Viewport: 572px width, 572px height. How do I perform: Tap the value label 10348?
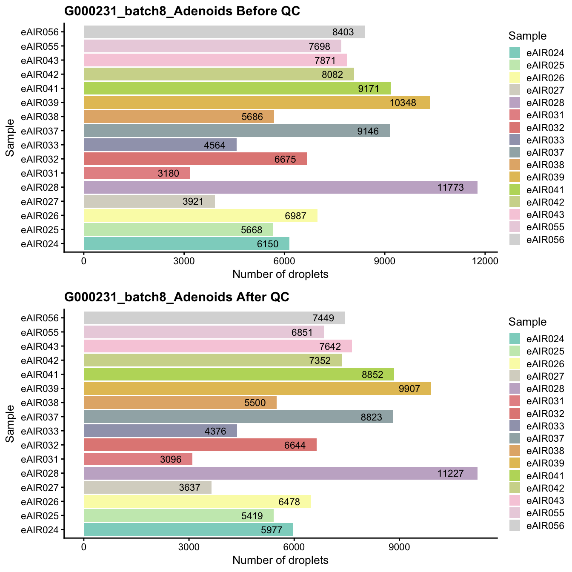(x=403, y=103)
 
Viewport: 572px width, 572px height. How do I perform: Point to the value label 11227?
(x=450, y=473)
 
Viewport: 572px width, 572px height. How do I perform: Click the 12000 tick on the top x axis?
(x=485, y=261)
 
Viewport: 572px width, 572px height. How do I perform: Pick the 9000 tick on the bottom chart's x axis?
(x=399, y=547)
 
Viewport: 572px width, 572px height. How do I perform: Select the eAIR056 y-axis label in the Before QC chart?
(x=43, y=32)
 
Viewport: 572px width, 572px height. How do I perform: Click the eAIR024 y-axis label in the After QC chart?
(x=43, y=530)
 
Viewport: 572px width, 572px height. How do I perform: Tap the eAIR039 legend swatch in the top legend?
(x=515, y=177)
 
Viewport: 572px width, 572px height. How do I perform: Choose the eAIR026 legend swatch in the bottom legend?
(x=515, y=363)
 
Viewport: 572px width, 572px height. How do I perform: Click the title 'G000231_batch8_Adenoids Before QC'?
(x=182, y=11)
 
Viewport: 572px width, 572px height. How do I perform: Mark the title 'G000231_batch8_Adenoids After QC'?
(x=177, y=297)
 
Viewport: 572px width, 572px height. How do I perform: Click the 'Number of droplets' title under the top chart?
(x=280, y=275)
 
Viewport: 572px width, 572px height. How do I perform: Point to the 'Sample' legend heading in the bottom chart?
(x=527, y=322)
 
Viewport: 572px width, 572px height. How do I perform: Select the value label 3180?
(x=168, y=173)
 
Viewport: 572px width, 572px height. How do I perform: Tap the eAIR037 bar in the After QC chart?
(x=238, y=417)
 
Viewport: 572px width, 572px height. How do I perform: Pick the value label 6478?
(x=289, y=502)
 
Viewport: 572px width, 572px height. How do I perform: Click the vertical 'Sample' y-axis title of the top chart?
(x=10, y=138)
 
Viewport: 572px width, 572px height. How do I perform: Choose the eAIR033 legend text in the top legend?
(x=545, y=140)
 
